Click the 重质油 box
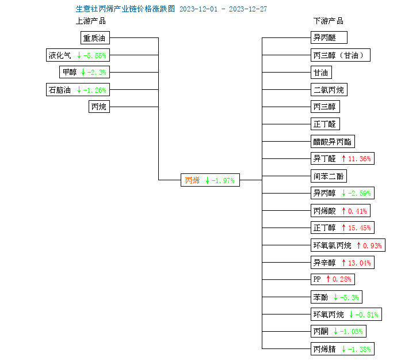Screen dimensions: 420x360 click(x=95, y=38)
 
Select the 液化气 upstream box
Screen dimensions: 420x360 click(x=78, y=55)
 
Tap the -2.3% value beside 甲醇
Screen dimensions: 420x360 click(x=97, y=72)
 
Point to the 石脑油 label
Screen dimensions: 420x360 click(x=59, y=90)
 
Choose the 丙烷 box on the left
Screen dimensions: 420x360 click(x=99, y=107)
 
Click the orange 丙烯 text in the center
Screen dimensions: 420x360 click(x=192, y=180)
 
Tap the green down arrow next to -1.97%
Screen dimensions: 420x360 click(x=207, y=180)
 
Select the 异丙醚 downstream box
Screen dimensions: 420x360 click(x=329, y=37)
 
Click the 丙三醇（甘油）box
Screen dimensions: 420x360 click(x=341, y=55)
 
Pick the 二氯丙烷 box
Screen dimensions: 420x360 click(x=329, y=90)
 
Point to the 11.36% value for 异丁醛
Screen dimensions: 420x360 click(x=360, y=159)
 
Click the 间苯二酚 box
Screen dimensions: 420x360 click(x=329, y=176)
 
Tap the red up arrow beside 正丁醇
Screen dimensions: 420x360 click(x=343, y=228)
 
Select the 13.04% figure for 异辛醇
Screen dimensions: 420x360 click(x=360, y=263)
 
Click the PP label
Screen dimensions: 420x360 click(x=317, y=279)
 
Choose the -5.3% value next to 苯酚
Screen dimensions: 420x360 click(x=349, y=297)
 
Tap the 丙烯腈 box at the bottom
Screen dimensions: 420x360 click(x=342, y=349)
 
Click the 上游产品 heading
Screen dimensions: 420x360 click(x=91, y=21)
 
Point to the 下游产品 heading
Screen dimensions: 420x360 click(x=329, y=21)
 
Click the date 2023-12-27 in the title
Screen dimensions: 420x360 click(x=248, y=9)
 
